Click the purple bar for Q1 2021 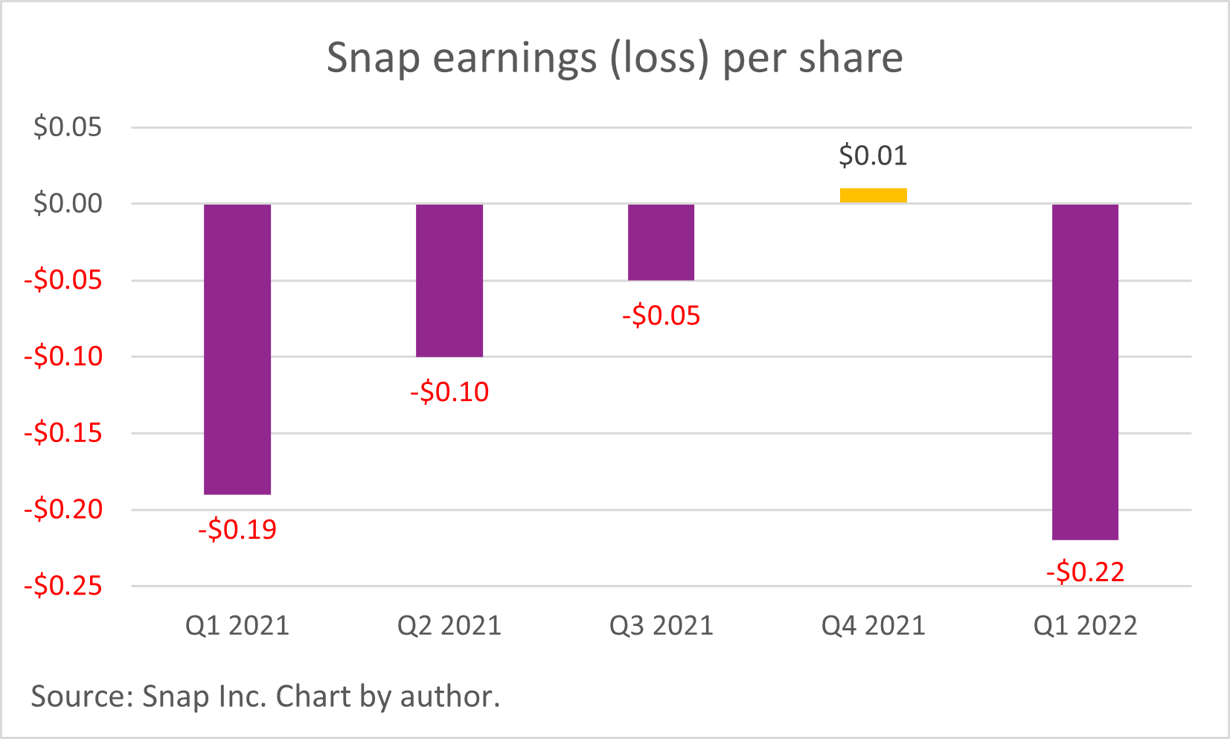237,348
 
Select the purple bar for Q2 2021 449,280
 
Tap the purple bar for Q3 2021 661,242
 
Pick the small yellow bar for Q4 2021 873,196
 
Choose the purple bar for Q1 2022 1085,371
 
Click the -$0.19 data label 237,530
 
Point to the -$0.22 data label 1085,572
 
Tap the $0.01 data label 873,156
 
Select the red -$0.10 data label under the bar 449,392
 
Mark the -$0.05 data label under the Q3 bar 661,316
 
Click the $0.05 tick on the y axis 67,127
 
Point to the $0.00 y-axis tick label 67,203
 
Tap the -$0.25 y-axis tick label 63,586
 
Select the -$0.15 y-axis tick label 63,433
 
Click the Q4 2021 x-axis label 873,626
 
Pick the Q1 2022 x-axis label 1085,626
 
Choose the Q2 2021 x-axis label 449,626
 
